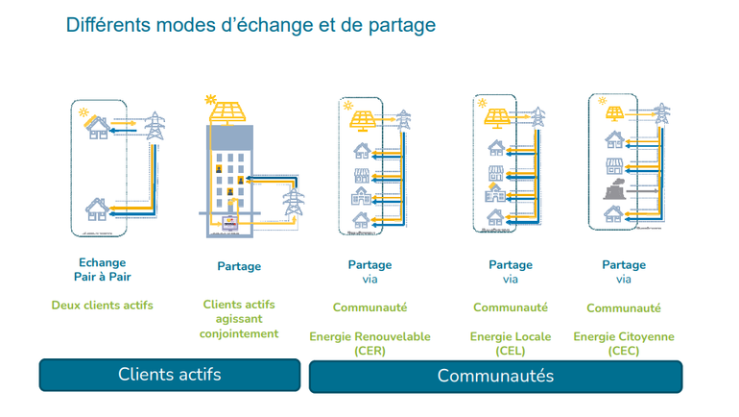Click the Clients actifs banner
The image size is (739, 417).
pos(169,375)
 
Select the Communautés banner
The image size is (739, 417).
pos(495,376)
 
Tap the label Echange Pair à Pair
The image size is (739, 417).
pos(102,270)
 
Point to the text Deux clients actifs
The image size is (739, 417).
pos(102,306)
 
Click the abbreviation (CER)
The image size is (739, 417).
pos(369,351)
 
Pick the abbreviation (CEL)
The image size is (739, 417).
pos(511,351)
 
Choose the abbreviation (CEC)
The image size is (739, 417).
pos(624,351)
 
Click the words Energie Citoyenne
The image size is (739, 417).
pos(624,337)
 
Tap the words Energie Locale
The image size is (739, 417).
pos(511,337)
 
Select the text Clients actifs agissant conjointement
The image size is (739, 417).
pos(239,319)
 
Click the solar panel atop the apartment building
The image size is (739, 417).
pos(227,112)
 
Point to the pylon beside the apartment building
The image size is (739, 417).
pos(292,203)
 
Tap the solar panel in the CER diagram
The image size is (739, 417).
pos(363,119)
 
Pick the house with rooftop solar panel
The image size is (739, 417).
pos(97,126)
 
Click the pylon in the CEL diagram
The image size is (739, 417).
pos(538,117)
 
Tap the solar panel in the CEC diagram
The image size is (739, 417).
pos(615,114)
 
